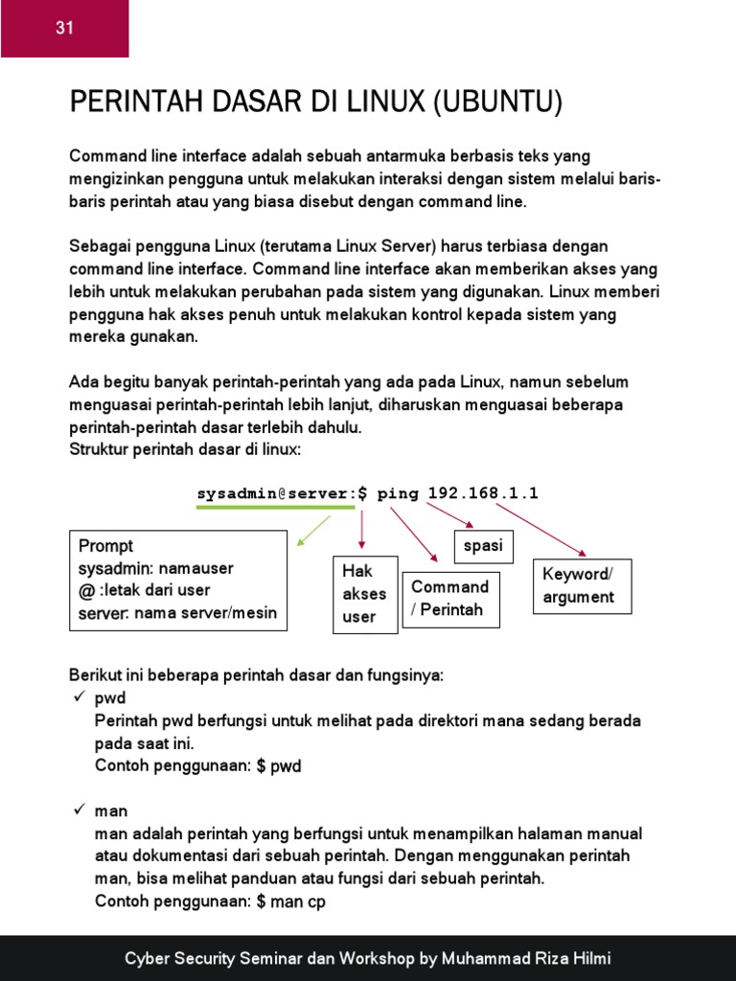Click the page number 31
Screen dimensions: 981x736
(64, 29)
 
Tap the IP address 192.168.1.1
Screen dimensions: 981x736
(483, 493)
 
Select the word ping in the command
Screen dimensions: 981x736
(399, 493)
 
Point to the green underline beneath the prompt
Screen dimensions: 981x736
(275, 509)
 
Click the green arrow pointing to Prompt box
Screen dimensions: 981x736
(313, 530)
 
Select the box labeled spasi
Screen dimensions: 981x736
(483, 546)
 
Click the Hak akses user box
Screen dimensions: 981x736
(363, 594)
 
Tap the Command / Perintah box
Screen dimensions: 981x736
(450, 599)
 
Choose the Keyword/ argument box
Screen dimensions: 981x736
(582, 585)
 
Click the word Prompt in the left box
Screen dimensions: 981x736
(106, 546)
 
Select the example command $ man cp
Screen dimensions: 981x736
(291, 901)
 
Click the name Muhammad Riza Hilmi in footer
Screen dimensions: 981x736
(533, 959)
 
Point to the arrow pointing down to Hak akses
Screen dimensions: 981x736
(362, 530)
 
